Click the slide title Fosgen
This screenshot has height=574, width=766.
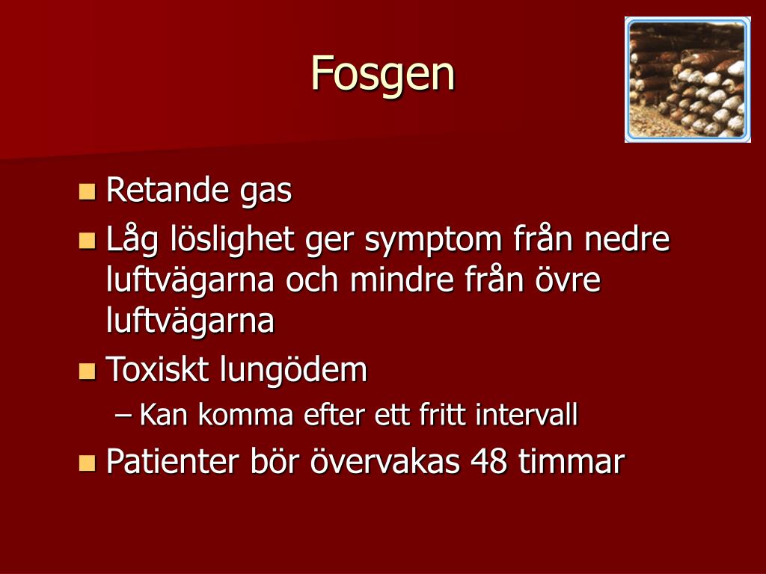coord(382,74)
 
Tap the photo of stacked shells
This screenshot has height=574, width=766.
coord(687,79)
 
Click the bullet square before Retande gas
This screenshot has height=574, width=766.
coord(88,191)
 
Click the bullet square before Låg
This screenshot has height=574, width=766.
coord(88,241)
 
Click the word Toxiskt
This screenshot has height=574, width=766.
coord(159,370)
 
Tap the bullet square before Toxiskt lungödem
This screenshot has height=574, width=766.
coord(88,370)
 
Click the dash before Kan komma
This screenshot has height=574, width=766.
coord(124,415)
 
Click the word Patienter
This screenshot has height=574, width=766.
coord(186,462)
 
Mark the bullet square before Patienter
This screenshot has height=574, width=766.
coord(88,462)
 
